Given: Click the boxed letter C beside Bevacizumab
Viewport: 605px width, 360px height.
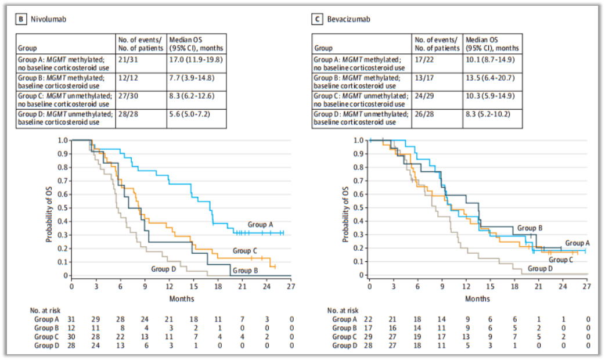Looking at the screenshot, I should pyautogui.click(x=317, y=19).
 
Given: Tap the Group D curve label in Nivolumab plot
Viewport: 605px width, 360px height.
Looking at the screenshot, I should pyautogui.click(x=164, y=269).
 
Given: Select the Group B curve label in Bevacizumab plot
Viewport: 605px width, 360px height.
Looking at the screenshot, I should pyautogui.click(x=530, y=228).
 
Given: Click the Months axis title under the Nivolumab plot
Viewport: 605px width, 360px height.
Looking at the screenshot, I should pyautogui.click(x=182, y=299).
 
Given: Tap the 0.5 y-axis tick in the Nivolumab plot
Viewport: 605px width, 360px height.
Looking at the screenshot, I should pyautogui.click(x=62, y=208).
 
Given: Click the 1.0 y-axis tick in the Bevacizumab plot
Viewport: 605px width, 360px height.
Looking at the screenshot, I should pyautogui.click(x=359, y=141).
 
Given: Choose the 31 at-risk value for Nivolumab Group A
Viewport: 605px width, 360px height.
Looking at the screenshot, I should pyautogui.click(x=71, y=319).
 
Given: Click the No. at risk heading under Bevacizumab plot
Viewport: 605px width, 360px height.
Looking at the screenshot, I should pyautogui.click(x=343, y=311).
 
